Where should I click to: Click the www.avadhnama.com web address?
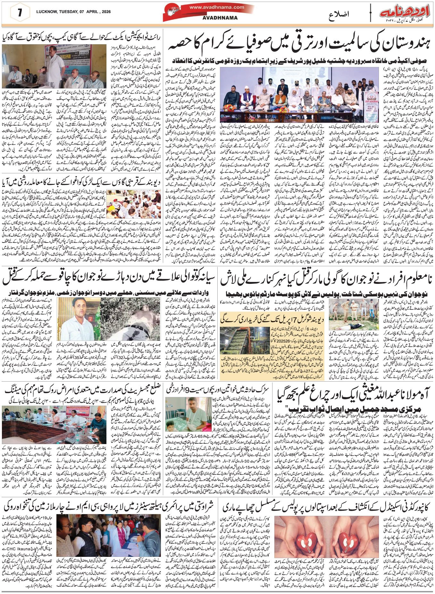tap(216, 7)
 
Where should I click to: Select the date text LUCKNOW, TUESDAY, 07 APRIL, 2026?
tap(73, 12)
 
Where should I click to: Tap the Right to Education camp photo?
tap(54, 66)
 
